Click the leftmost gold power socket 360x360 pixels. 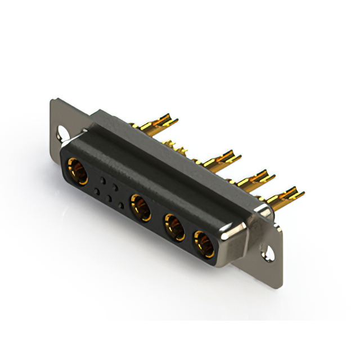click(x=77, y=171)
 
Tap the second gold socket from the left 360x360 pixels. click(x=140, y=206)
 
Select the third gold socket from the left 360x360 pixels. click(x=174, y=226)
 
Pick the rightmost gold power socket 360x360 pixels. click(x=203, y=243)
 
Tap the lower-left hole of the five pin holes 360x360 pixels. click(x=97, y=192)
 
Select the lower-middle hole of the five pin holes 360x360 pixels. click(x=109, y=199)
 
